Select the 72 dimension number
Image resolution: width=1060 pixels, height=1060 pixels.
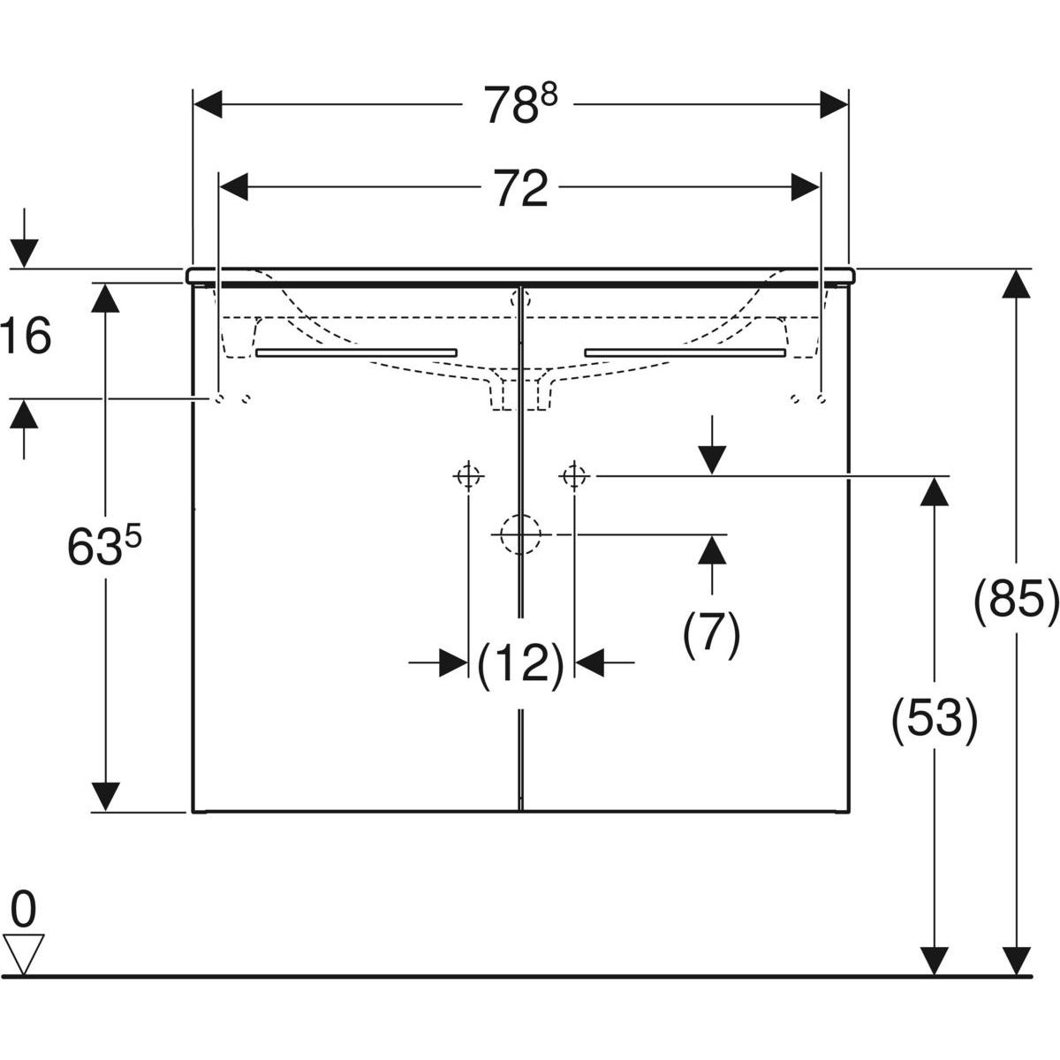[520, 189]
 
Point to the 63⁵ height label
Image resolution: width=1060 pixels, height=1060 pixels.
[104, 549]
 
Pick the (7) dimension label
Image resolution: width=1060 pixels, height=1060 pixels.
[711, 633]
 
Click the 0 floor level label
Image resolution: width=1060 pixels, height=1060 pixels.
[24, 907]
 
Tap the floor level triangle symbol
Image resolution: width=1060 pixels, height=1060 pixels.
[24, 952]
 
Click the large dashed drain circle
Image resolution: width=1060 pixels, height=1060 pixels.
[520, 534]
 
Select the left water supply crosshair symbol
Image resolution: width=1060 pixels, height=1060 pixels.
[467, 476]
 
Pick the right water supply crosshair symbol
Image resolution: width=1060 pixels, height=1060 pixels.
[574, 476]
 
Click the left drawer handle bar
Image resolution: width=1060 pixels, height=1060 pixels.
[356, 352]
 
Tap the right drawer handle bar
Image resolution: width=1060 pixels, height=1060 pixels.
[685, 352]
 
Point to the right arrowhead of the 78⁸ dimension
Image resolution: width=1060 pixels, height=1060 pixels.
[833, 105]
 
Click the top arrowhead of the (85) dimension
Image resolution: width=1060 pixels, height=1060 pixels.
[1018, 284]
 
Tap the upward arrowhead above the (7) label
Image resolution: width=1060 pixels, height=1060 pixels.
[711, 549]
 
